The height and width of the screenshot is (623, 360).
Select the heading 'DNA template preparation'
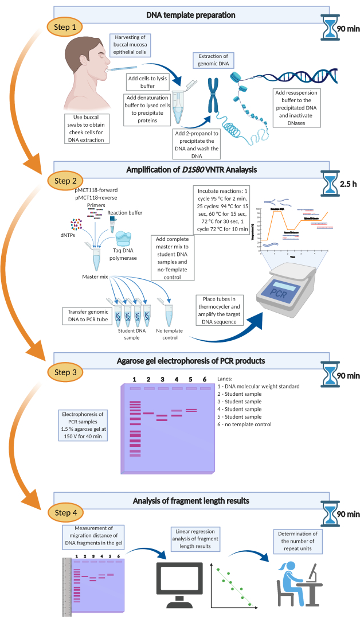point(191,13)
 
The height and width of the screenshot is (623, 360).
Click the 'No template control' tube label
point(168,334)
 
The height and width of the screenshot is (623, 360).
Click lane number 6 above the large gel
point(204,380)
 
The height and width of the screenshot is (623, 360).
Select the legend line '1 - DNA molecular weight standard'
point(259,387)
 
